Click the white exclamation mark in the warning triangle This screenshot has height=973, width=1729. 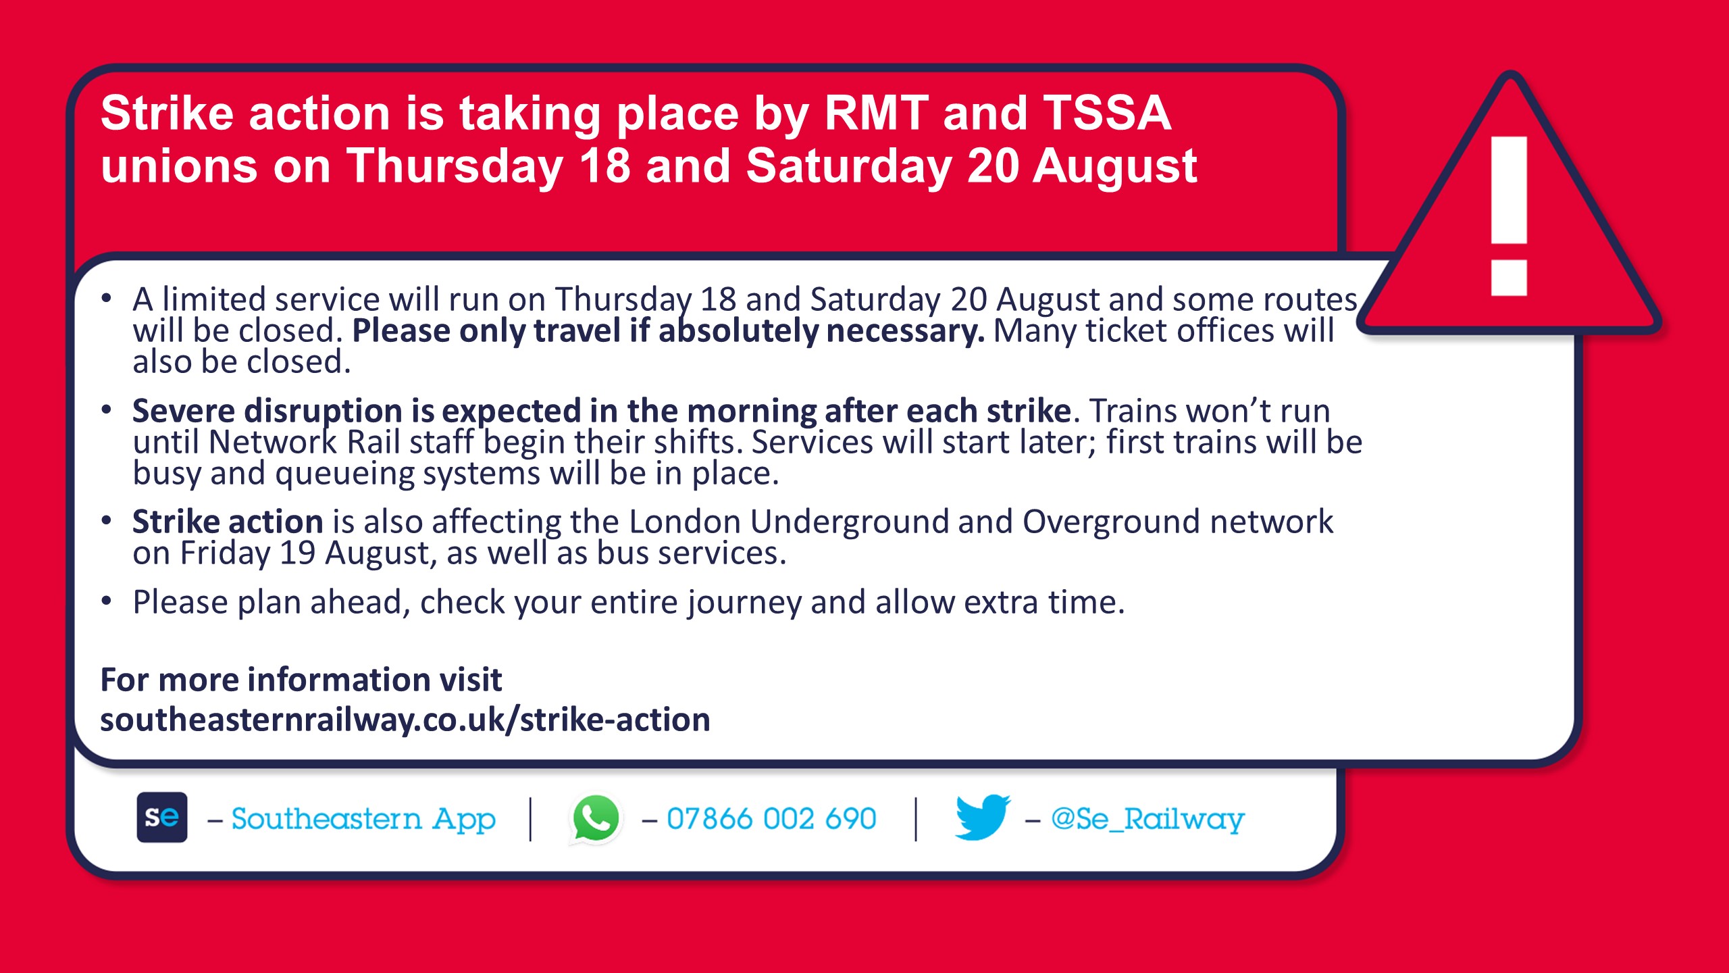pos(1509,216)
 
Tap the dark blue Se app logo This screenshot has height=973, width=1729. pos(162,817)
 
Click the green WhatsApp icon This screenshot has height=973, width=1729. pos(596,818)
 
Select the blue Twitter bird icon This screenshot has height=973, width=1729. pos(983,817)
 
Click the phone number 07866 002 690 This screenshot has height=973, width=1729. pos(771,819)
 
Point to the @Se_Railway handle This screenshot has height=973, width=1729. pos(1147,820)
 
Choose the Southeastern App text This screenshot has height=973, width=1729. pos(363,820)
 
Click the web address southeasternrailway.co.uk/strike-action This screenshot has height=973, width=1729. pos(405,719)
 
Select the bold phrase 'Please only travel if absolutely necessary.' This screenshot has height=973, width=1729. pos(669,331)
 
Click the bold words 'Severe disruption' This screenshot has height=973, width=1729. pos(267,411)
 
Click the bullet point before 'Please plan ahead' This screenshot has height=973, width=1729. pos(106,601)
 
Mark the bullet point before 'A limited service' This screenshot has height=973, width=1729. pos(106,298)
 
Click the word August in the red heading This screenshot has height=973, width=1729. pos(1115,167)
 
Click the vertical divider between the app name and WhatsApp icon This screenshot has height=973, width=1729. pos(530,819)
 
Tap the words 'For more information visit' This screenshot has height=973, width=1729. pos(301,679)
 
